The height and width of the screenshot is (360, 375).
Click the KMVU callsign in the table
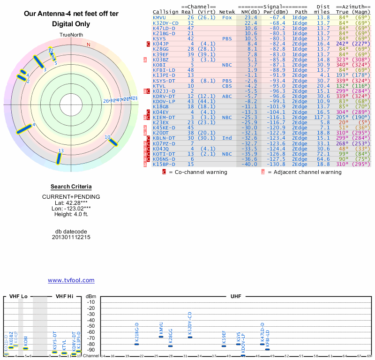[x=160, y=17]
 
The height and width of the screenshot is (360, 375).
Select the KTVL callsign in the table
[x=160, y=86]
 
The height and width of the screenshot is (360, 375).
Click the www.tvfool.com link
[x=71, y=280]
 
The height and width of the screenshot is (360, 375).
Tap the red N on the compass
[x=88, y=45]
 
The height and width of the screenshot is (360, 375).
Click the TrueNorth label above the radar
[x=71, y=35]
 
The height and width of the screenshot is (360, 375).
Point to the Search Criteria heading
[x=71, y=187]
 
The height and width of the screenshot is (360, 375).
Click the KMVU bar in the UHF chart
[x=161, y=337]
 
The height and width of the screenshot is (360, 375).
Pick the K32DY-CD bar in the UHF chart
[x=190, y=337]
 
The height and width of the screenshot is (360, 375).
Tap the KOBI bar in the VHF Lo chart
[x=26, y=348]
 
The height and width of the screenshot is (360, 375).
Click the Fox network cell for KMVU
[x=227, y=17]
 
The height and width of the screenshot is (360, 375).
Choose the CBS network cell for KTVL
[x=227, y=86]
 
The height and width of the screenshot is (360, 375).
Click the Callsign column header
[x=165, y=12]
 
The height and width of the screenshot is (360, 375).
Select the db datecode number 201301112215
[x=71, y=237]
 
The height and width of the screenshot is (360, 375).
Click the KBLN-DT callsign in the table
[x=164, y=138]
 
